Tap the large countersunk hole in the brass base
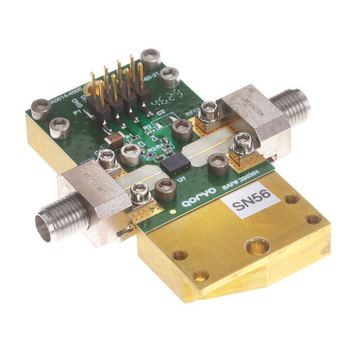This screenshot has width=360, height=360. pos(258,246)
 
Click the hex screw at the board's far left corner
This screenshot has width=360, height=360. pos(41,109)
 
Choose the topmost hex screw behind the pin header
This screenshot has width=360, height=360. pos(150,58)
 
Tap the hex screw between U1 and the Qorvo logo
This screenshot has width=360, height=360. pos(165,190)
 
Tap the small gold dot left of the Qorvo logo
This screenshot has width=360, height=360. pos(173,211)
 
